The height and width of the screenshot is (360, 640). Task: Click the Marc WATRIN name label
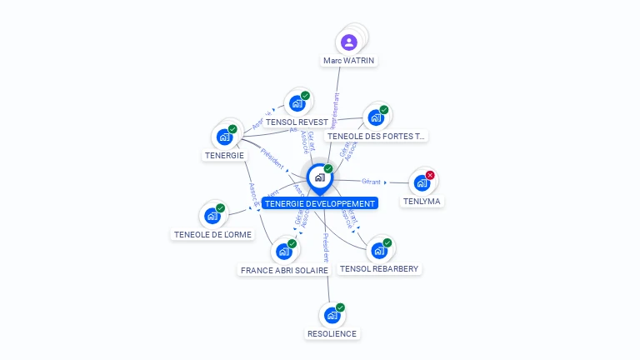pyautogui.click(x=349, y=60)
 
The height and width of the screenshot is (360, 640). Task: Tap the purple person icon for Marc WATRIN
pyautogui.click(x=349, y=42)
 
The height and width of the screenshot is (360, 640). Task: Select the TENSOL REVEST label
pyautogui.click(x=297, y=122)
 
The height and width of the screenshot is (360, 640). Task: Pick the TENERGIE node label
pyautogui.click(x=224, y=155)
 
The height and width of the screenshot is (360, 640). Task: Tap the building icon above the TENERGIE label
pyautogui.click(x=224, y=137)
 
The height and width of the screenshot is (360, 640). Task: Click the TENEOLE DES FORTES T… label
pyautogui.click(x=376, y=136)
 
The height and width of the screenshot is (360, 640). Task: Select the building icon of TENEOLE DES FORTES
pyautogui.click(x=375, y=117)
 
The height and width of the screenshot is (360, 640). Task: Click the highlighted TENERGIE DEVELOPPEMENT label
pyautogui.click(x=319, y=203)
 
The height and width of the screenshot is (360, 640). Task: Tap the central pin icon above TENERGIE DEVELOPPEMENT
pyautogui.click(x=319, y=177)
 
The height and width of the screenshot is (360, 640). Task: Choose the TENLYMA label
pyautogui.click(x=422, y=201)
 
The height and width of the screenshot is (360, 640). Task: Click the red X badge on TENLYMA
pyautogui.click(x=430, y=175)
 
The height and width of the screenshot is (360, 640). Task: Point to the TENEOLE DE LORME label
pyautogui.click(x=212, y=234)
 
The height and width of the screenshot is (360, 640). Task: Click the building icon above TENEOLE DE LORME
pyautogui.click(x=212, y=216)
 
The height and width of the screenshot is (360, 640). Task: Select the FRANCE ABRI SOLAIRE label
pyautogui.click(x=284, y=270)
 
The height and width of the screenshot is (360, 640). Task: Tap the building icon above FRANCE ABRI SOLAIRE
pyautogui.click(x=284, y=251)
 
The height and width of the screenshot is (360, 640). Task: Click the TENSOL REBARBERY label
pyautogui.click(x=379, y=268)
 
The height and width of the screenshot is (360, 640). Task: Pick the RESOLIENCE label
pyautogui.click(x=332, y=333)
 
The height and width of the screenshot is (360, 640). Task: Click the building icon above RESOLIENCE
pyautogui.click(x=332, y=315)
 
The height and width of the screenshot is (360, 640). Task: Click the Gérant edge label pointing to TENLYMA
pyautogui.click(x=371, y=181)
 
